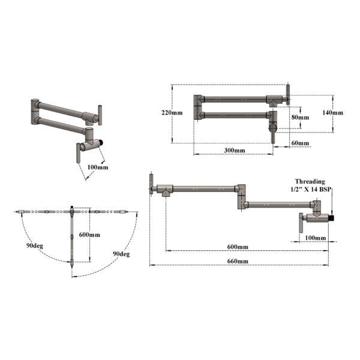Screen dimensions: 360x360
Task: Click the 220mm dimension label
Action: point(172,113)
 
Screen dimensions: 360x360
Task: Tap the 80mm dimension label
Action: point(300,117)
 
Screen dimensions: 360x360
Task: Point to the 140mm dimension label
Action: point(332,113)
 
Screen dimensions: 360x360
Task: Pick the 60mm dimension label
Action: point(300,143)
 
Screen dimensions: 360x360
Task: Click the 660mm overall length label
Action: point(238,261)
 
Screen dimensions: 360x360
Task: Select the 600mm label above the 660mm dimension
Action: point(238,247)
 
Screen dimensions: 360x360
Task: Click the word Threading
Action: point(310,181)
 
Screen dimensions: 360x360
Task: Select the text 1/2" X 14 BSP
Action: point(310,189)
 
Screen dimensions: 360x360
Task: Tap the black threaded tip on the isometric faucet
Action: point(101,143)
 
